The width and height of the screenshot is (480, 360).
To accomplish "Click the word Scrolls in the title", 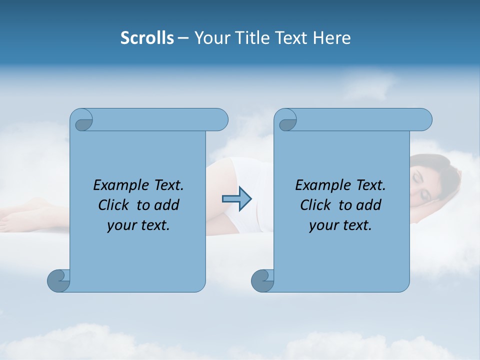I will [x=147, y=38].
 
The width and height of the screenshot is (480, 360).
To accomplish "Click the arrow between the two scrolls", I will [x=236, y=199].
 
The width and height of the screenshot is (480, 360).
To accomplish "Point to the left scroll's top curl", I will [x=81, y=119].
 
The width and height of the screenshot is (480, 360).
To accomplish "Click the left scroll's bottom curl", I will [x=59, y=280].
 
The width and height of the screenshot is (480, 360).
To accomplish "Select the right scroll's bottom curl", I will [x=262, y=280].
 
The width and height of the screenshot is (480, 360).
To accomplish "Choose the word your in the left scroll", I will [x=121, y=225].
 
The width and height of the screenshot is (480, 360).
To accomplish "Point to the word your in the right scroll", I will [x=323, y=225].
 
